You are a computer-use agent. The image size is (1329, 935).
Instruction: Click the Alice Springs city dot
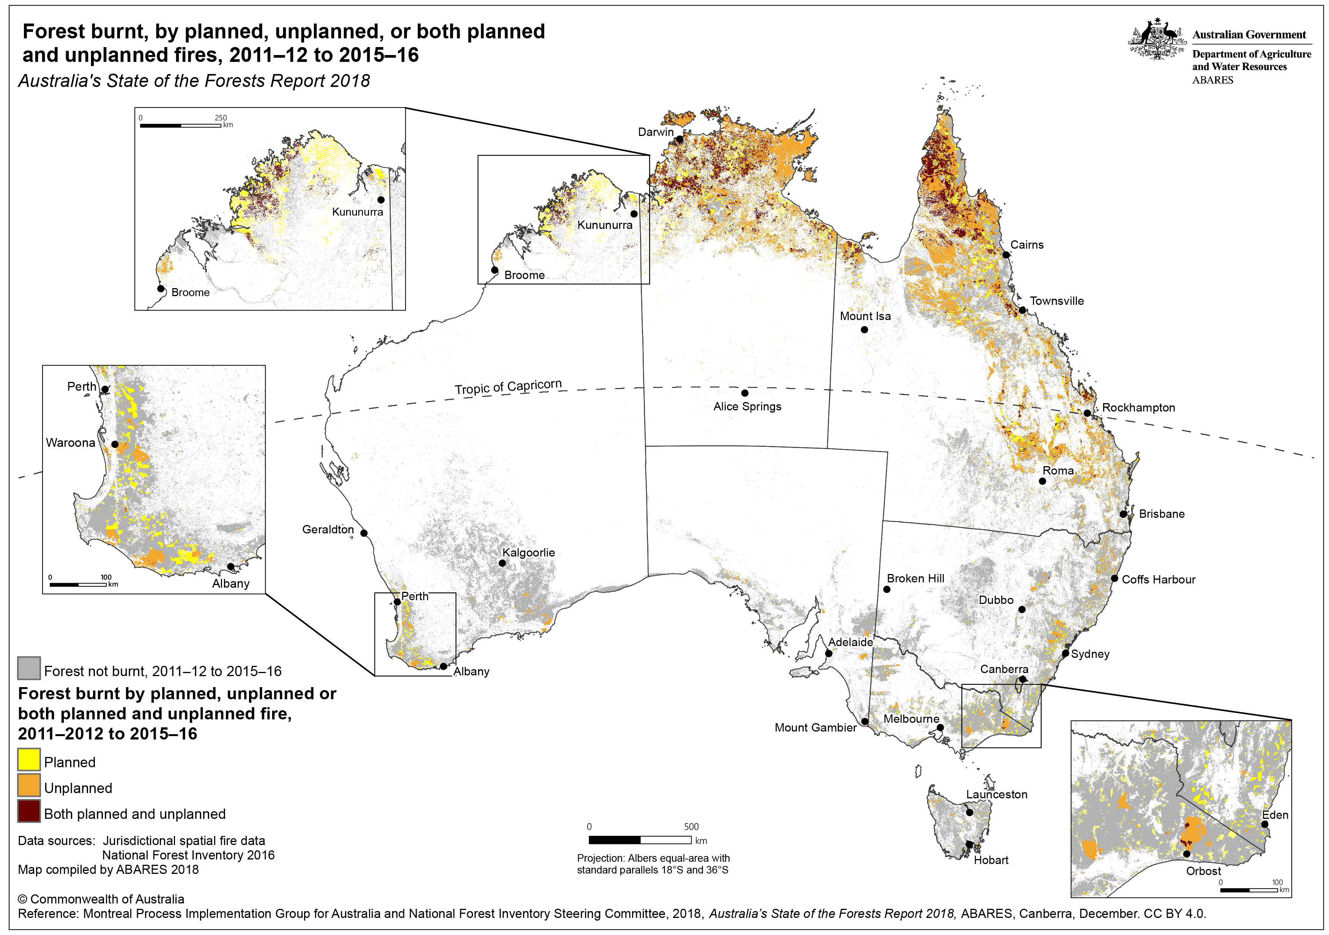coord(744,393)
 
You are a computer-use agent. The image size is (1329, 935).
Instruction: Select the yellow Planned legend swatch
coord(28,760)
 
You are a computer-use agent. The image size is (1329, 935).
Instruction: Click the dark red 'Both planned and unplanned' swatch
coord(28,811)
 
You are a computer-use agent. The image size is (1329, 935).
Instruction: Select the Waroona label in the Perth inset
coord(70,443)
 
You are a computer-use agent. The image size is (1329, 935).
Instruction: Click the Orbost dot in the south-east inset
coord(1187,854)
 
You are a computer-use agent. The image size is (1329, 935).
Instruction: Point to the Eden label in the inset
coord(1275,815)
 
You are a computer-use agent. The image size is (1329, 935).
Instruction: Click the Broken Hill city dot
coord(887,590)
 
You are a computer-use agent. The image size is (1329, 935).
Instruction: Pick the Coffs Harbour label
coord(1158,580)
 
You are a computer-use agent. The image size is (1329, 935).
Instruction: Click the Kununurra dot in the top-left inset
coord(381,200)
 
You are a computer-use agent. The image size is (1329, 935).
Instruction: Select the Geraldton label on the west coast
coord(328,529)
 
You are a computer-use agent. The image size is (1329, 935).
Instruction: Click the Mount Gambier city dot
coord(865,721)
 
